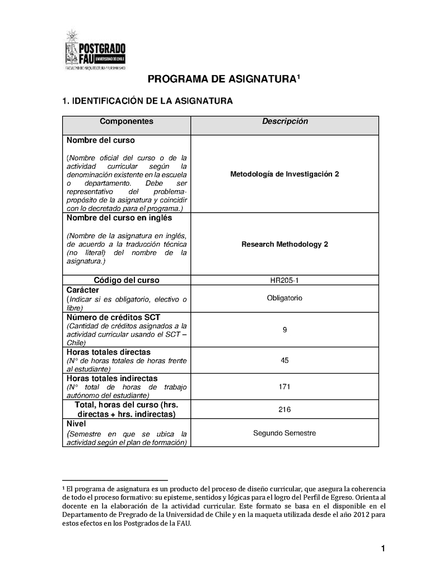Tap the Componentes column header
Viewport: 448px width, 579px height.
coord(126,121)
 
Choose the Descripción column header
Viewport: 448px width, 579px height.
coord(284,121)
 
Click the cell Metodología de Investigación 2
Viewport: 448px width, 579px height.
coord(284,174)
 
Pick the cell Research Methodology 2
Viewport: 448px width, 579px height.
coord(284,244)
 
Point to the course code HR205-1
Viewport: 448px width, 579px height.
coord(284,280)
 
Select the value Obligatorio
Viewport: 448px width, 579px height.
coord(284,298)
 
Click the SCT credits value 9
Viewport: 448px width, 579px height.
coord(284,330)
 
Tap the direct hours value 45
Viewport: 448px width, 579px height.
coord(284,360)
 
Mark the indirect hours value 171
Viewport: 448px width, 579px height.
coord(284,387)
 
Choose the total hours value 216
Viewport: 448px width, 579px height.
coord(284,409)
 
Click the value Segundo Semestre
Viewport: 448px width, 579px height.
coord(284,433)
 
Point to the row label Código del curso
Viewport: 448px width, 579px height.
coord(126,280)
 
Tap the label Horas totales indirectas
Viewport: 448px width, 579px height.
coord(112,378)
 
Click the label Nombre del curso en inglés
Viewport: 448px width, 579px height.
coord(119,218)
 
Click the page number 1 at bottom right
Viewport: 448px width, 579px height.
coord(383,549)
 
